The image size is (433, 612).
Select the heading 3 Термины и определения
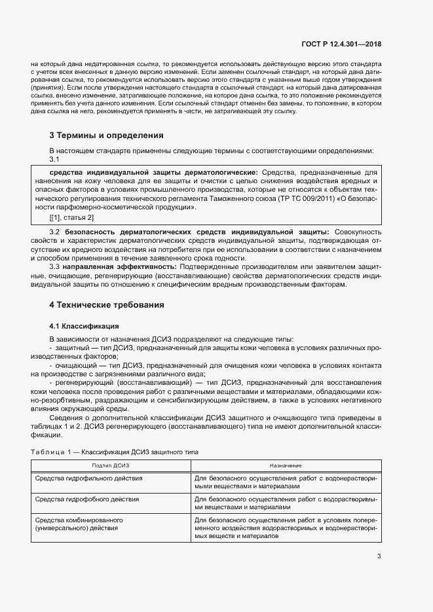[x=107, y=135]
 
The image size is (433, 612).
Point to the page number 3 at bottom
[x=379, y=556]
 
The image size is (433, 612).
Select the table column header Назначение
[x=286, y=465]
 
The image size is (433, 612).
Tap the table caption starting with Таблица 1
[x=115, y=452]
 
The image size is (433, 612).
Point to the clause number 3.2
[x=55, y=232]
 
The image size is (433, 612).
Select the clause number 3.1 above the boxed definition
[x=55, y=159]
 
